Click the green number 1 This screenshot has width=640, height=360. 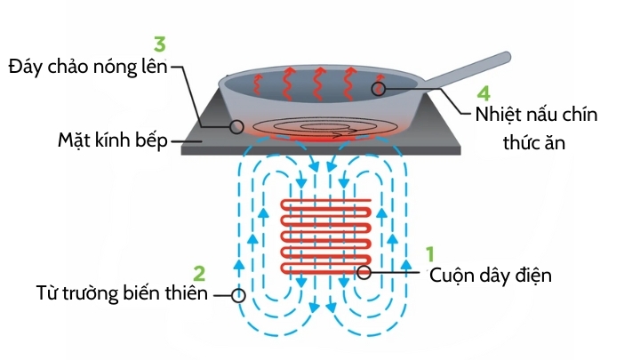coord(429,254)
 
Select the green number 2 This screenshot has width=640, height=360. coord(199,272)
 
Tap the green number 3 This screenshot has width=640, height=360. coord(159,43)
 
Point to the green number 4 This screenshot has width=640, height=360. coord(484,92)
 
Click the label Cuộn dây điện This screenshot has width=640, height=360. coord(491,275)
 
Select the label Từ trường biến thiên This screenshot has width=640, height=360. coord(122,294)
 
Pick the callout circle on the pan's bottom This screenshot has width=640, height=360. coord(236,127)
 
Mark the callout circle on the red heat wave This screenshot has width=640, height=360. coord(380,88)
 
